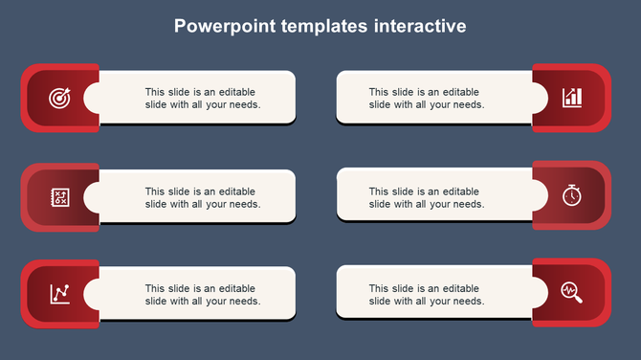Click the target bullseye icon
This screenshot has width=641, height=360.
click(59, 98)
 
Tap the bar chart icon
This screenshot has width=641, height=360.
click(571, 98)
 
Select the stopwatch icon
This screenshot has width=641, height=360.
click(571, 195)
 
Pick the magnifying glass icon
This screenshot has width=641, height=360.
click(571, 290)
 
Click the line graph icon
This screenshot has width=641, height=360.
click(59, 293)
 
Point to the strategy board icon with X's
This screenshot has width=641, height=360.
click(59, 197)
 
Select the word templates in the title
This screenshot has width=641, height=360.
click(325, 26)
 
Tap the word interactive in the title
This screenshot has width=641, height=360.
click(421, 26)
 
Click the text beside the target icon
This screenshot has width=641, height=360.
click(202, 99)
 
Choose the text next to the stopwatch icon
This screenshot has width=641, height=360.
click(426, 197)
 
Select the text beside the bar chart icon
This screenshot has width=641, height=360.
click(426, 99)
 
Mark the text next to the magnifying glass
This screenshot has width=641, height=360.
click(426, 294)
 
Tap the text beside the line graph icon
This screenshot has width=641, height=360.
click(202, 294)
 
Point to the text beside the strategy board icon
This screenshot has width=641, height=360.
click(202, 197)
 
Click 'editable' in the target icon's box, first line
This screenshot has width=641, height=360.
click(236, 92)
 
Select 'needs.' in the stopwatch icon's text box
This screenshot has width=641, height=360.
click(468, 204)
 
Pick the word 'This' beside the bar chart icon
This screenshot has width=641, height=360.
click(380, 92)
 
